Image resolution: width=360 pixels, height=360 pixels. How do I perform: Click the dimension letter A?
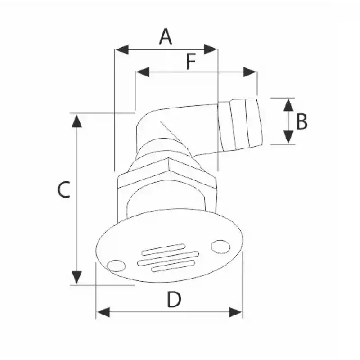[x=166, y=37]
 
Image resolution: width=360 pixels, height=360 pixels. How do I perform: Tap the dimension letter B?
[x=301, y=121]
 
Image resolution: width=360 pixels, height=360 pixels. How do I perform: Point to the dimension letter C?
[x=64, y=189]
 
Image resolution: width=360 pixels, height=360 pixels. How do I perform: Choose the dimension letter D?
[x=174, y=299]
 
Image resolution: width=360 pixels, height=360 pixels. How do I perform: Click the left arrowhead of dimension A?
[x=122, y=49]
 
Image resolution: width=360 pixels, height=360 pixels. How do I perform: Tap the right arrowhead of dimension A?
[x=211, y=49]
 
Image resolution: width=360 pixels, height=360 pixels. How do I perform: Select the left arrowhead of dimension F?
[x=143, y=72]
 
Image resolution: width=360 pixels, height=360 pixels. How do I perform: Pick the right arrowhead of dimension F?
[x=250, y=72]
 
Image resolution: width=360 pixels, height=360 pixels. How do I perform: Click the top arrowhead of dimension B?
[x=288, y=105]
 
